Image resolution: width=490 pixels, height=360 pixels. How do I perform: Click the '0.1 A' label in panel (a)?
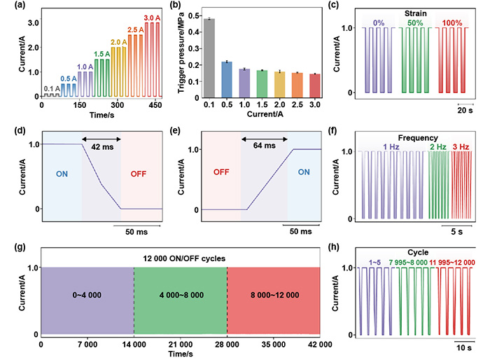(50, 88)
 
